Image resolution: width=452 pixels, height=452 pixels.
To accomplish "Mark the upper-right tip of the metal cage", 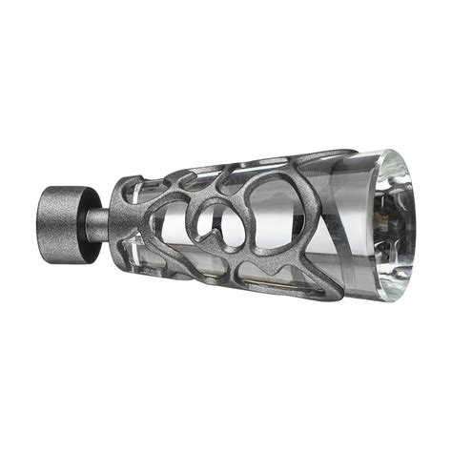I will [355, 153].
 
